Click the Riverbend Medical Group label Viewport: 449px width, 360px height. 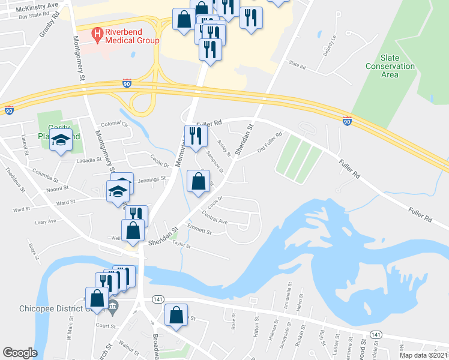click(x=131, y=36)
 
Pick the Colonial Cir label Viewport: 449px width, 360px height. click(x=115, y=124)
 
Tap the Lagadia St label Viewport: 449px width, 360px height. click(x=89, y=161)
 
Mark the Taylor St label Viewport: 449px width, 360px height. click(x=181, y=245)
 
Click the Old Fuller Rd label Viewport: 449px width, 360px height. click(x=270, y=142)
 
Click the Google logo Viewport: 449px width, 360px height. click(x=20, y=353)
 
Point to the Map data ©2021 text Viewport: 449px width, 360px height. click(x=424, y=355)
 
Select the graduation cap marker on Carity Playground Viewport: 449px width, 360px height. click(x=61, y=141)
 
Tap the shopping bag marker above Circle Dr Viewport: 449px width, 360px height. click(x=199, y=181)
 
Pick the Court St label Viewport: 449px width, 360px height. click(x=106, y=326)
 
